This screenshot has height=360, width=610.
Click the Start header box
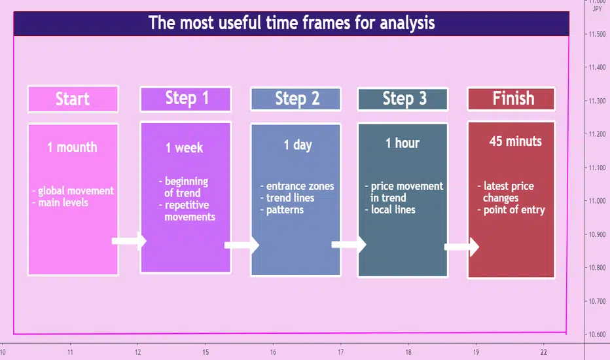(73, 99)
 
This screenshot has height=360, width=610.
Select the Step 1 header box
(186, 99)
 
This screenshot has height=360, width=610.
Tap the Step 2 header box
(296, 99)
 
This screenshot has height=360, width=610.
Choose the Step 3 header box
(403, 99)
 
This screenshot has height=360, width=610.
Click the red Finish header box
(511, 99)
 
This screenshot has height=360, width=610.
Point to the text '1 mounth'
(73, 147)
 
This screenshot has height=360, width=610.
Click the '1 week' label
(185, 148)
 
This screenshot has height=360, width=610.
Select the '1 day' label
(298, 145)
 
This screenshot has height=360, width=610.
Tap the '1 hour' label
(403, 143)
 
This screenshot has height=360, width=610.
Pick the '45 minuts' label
(516, 141)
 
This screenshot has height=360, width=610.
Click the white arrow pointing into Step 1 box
(129, 241)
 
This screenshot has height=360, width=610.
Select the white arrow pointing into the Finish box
(461, 247)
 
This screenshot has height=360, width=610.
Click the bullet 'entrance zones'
(297, 186)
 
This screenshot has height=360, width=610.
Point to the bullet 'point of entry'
(511, 209)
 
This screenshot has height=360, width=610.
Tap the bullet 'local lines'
(390, 209)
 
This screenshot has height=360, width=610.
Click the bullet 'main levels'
(60, 202)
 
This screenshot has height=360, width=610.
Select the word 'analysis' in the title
(407, 22)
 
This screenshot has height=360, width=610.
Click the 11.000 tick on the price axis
(597, 201)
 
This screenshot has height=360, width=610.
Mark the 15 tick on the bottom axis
(206, 352)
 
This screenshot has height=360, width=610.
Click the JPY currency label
(597, 9)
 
